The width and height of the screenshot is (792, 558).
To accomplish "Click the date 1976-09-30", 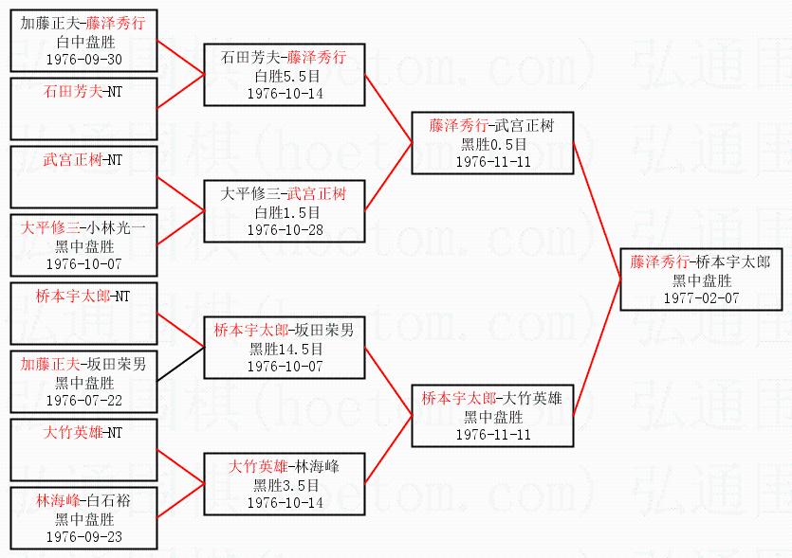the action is tap(84, 59).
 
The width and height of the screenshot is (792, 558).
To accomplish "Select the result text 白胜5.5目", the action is tap(284, 76).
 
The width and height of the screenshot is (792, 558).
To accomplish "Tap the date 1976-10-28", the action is tap(284, 230).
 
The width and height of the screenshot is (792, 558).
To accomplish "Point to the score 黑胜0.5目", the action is tap(492, 144).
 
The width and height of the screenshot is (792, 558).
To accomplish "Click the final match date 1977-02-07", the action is tap(702, 298).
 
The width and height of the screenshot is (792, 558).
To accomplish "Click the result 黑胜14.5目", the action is tap(284, 349).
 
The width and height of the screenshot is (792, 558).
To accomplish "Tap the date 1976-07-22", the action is tap(84, 401).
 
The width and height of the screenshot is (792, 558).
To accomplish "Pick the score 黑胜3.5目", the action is tap(284, 485).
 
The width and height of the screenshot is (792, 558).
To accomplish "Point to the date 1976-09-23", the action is tap(84, 537).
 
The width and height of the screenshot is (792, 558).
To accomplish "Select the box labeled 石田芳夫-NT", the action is tap(84, 109).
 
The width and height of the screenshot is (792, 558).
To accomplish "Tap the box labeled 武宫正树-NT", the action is tap(84, 177).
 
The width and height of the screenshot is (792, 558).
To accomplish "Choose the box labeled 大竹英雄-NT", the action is tap(84, 450).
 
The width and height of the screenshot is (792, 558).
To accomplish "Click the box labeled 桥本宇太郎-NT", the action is tap(84, 314).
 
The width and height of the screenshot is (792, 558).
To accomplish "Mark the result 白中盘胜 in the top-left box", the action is tap(84, 42).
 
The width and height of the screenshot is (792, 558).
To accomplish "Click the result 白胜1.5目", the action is tap(284, 212).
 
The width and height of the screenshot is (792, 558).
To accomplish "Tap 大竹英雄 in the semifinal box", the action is tap(534, 399).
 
